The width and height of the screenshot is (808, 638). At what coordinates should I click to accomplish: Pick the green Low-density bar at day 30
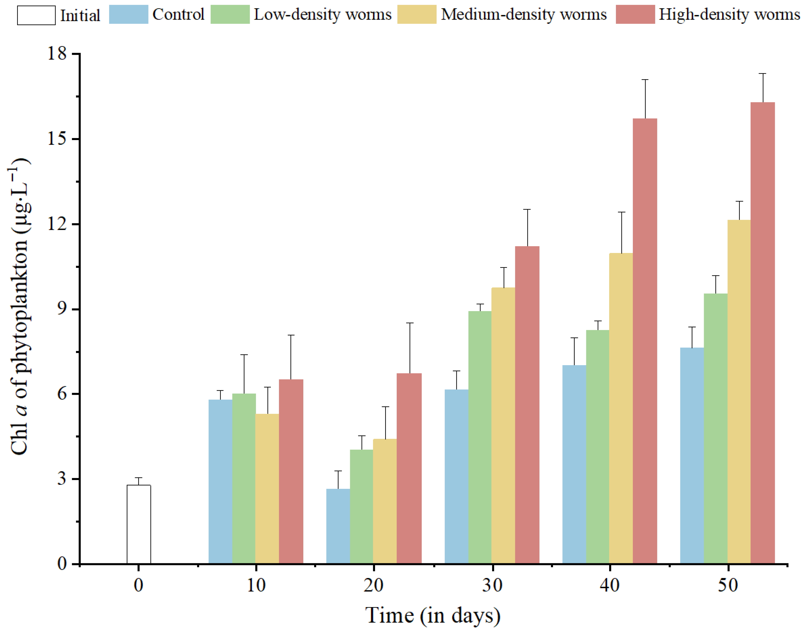click(480, 437)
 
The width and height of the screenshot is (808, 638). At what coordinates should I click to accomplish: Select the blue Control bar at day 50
click(692, 455)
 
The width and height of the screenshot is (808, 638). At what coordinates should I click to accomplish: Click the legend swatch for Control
click(128, 15)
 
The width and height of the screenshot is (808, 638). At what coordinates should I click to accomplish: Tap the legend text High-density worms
click(729, 15)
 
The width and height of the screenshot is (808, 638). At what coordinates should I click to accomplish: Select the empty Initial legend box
click(36, 15)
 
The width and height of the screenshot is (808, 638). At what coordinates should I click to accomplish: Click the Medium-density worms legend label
click(524, 15)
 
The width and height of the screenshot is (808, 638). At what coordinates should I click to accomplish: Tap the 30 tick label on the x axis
click(492, 585)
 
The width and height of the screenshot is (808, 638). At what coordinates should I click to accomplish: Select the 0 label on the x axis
click(138, 585)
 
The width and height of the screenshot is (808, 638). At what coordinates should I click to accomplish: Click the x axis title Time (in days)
click(433, 616)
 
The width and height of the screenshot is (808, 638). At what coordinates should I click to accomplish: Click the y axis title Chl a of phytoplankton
click(19, 306)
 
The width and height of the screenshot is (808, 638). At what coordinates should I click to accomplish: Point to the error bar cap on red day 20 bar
click(410, 323)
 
